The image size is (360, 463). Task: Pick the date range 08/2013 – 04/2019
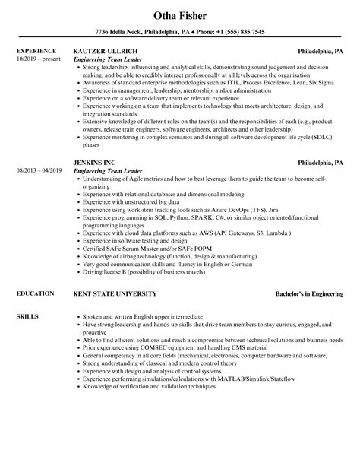(x=39, y=170)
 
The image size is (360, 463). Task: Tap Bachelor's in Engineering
(x=309, y=293)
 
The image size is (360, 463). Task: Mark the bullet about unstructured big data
(x=134, y=203)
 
